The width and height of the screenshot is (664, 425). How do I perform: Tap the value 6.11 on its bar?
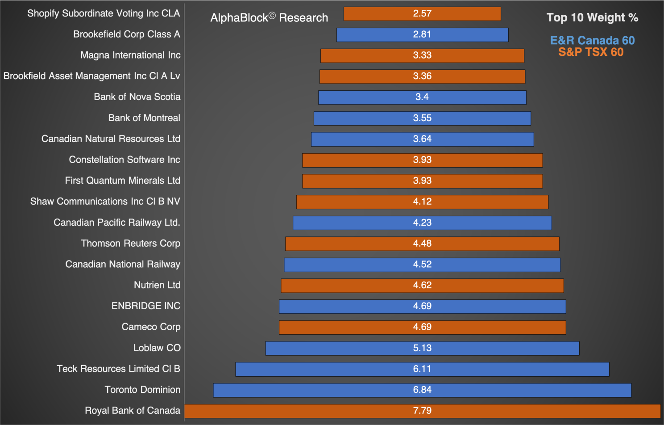(x=422, y=369)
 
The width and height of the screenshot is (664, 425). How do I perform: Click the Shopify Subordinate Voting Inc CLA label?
(x=104, y=13)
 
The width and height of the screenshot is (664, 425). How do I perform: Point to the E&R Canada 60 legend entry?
(x=592, y=41)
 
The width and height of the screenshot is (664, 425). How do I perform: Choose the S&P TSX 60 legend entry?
(x=591, y=52)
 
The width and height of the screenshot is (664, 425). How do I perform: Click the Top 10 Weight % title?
(x=592, y=17)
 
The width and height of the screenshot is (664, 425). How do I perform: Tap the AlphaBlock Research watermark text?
(x=269, y=18)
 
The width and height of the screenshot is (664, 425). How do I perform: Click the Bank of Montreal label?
(x=144, y=118)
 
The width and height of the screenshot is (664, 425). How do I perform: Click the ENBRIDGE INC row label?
(x=146, y=306)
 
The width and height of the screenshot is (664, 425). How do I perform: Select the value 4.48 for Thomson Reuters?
(x=422, y=244)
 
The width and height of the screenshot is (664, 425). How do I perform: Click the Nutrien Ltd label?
(x=157, y=285)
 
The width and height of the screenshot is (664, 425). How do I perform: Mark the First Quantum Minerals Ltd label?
(x=123, y=181)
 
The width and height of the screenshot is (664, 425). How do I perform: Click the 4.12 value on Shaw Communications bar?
(x=422, y=202)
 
